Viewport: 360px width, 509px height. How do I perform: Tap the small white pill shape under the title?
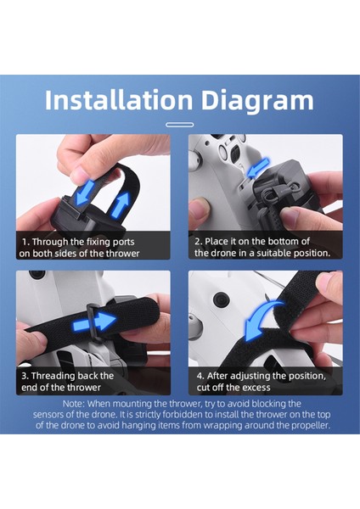180,125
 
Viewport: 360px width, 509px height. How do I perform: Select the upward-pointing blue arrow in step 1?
120,204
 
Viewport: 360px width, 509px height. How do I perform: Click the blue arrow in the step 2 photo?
258,168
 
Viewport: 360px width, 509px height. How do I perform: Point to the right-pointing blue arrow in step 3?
94,322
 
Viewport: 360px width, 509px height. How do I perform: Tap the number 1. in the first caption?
26,242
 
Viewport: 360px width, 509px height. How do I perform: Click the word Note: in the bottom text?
74,404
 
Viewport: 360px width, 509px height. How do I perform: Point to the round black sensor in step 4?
221,297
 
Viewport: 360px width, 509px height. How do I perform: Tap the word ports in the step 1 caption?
123,242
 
